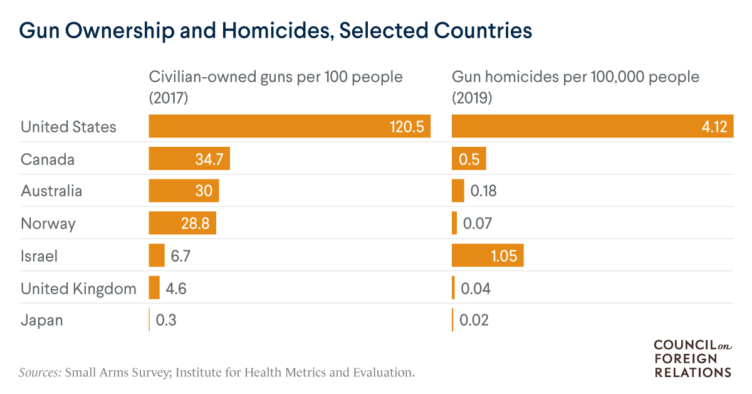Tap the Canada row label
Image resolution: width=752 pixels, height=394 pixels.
pos(48,159)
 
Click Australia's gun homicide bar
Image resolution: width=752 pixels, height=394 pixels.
pos(457,191)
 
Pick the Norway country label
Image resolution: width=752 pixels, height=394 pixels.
pos(48,223)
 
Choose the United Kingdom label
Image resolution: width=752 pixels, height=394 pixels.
pos(78,289)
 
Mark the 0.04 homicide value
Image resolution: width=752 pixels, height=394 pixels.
pos(476,289)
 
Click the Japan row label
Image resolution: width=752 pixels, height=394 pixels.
pos(41,321)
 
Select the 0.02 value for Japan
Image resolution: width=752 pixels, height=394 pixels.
pos(474,321)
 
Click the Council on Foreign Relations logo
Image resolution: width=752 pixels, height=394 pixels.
pos(692,358)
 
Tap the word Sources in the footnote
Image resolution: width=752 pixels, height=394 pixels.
pos(40,373)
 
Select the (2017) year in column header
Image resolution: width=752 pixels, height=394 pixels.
pos(168,98)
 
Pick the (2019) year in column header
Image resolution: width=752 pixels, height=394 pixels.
pos(472,98)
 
